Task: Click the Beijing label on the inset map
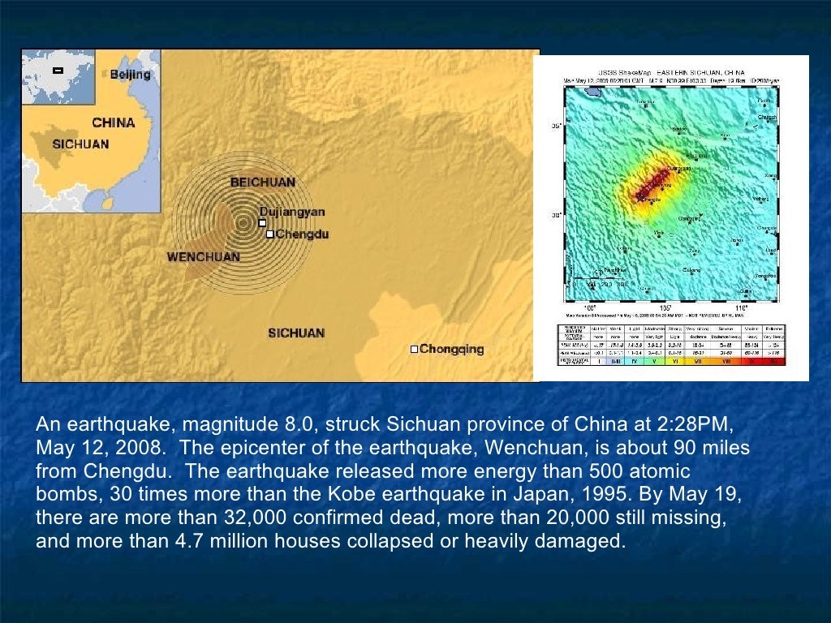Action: pos(131,75)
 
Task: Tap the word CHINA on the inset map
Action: pos(113,123)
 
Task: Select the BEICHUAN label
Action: pos(263,183)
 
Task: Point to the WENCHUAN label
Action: pos(203,257)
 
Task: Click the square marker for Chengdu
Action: pos(270,234)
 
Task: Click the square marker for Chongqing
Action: pos(414,350)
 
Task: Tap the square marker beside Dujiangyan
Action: pos(261,222)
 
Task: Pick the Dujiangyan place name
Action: pos(292,212)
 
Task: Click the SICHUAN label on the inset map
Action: pos(80,144)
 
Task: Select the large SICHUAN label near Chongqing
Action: pos(296,333)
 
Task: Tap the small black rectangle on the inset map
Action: pos(58,71)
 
